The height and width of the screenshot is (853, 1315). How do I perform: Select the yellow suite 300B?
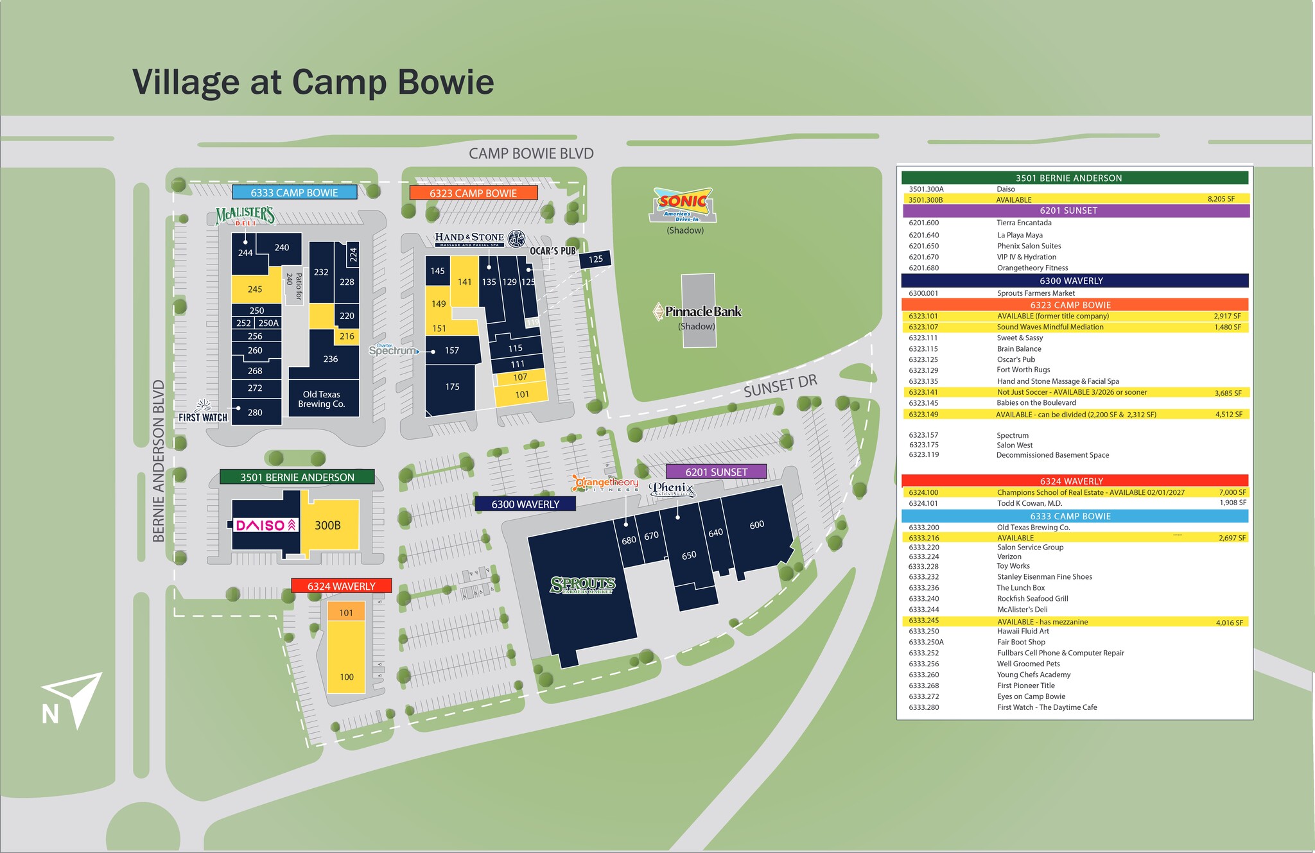pyautogui.click(x=328, y=525)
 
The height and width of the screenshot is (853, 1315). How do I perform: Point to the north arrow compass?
pyautogui.click(x=72, y=700)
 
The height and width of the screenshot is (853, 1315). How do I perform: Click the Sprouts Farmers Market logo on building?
pyautogui.click(x=582, y=585)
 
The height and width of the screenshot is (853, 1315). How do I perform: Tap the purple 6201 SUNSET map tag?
pyautogui.click(x=716, y=472)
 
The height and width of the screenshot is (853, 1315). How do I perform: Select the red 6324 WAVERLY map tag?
pyautogui.click(x=341, y=586)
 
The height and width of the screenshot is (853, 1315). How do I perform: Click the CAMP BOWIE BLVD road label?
pyautogui.click(x=531, y=153)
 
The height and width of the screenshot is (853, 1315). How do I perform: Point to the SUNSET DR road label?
pyautogui.click(x=780, y=386)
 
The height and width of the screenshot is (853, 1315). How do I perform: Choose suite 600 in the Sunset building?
pyautogui.click(x=757, y=525)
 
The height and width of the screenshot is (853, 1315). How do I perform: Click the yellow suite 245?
pyautogui.click(x=255, y=289)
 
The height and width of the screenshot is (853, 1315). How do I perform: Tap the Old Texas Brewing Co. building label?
pyautogui.click(x=322, y=399)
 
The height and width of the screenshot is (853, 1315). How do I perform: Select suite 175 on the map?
pyautogui.click(x=452, y=386)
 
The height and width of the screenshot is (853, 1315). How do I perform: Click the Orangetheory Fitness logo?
pyautogui.click(x=605, y=483)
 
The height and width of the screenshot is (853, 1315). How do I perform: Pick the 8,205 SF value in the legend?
pyautogui.click(x=1221, y=199)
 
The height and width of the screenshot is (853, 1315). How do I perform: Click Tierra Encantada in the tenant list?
pyautogui.click(x=1024, y=223)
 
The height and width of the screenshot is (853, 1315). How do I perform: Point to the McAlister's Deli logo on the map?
pyautogui.click(x=245, y=216)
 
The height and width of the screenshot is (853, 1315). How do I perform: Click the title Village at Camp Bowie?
pyautogui.click(x=313, y=82)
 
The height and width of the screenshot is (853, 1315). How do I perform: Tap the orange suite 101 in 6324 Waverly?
pyautogui.click(x=346, y=612)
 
